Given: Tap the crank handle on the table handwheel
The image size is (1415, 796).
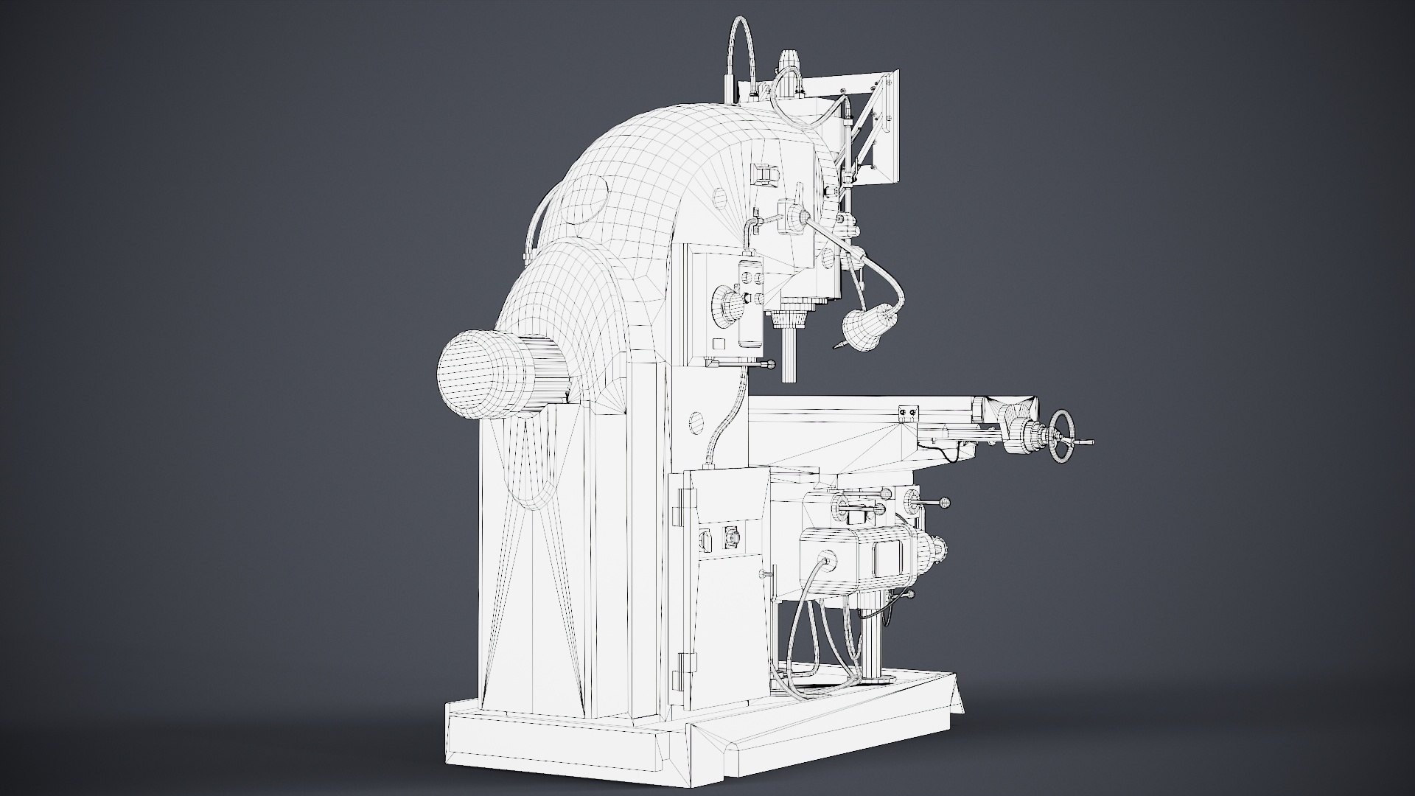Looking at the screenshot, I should [x=1084, y=442].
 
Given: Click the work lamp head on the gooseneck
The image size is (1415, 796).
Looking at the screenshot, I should [x=862, y=329].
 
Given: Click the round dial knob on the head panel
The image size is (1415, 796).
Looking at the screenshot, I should [x=727, y=304].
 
